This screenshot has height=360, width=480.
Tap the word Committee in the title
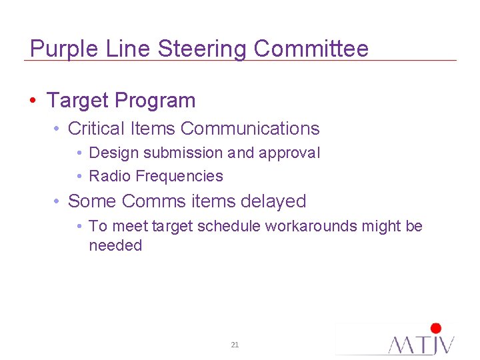311,49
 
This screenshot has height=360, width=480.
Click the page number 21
235,345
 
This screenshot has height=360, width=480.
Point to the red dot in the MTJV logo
436,328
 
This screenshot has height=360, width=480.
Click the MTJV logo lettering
421,344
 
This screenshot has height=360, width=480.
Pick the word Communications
250,129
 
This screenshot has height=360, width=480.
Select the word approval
289,153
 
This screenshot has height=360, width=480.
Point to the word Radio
109,176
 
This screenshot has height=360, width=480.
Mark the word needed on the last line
115,245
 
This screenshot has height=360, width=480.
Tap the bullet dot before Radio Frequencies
79,177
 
